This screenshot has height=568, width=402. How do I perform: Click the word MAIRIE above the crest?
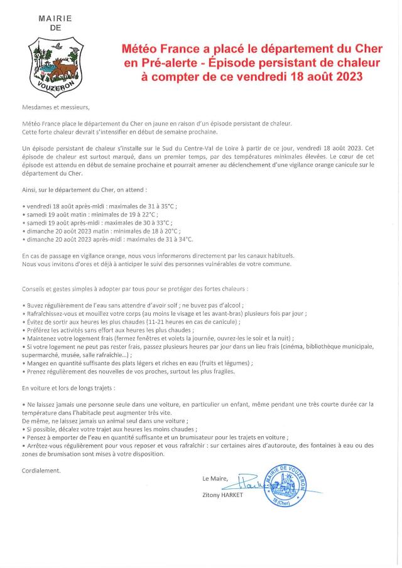click(55, 19)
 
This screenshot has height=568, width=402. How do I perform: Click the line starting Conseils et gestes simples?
click(134, 289)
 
